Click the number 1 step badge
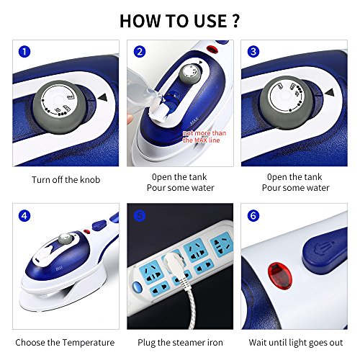point(24,52)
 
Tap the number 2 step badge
point(140,52)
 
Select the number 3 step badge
point(253,52)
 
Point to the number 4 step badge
point(24,216)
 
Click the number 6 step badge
point(253,216)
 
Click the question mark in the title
point(235,21)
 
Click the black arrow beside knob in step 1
point(103,98)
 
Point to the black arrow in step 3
point(330,93)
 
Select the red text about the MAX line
point(204,137)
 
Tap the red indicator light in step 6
point(279,276)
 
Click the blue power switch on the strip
point(138,287)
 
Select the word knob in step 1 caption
point(90,179)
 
